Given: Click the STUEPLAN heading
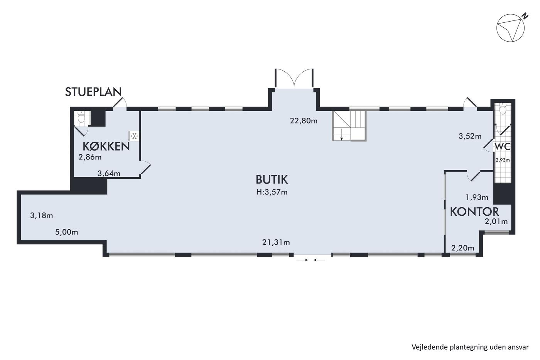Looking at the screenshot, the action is [93, 92].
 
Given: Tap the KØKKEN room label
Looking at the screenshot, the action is [106, 146].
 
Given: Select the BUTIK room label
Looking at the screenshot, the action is [272, 179].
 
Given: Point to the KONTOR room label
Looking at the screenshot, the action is [474, 211].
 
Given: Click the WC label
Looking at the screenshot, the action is [503, 146].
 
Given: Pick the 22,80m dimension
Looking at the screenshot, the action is [304, 120].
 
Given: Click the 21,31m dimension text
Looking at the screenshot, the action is [276, 242].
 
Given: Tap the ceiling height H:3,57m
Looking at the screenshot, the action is [272, 192].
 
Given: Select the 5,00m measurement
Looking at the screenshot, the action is [66, 232].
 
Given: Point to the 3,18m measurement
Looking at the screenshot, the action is [42, 215].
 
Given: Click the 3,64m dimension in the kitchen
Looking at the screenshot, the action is [109, 173].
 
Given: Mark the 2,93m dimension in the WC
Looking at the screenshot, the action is [503, 160].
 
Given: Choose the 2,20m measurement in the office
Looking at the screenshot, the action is [462, 248].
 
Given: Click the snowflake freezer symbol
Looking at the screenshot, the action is [134, 136].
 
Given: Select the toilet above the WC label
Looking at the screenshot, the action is [502, 109].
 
